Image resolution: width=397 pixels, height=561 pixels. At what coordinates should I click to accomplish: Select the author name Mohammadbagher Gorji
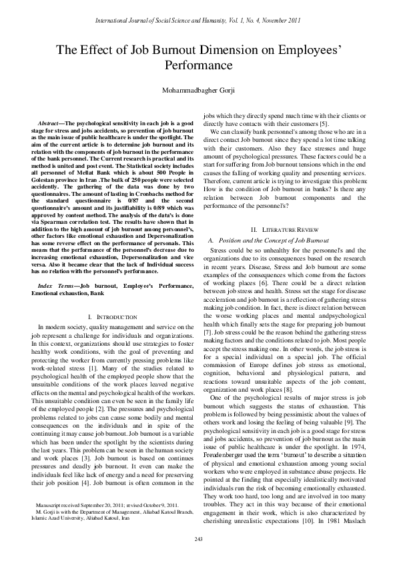coord(198,89)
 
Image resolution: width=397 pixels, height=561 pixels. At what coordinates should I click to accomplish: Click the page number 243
coord(198,538)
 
